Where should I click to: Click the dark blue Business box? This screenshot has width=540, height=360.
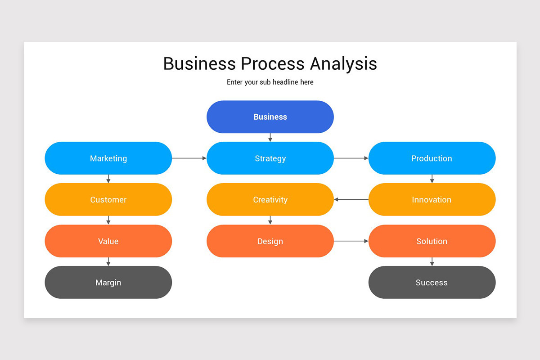(270, 117)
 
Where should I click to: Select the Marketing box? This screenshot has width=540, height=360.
(108, 158)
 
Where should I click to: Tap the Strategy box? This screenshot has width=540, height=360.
(270, 158)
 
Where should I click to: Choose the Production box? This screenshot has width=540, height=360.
(432, 158)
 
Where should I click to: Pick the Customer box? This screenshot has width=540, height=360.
(108, 200)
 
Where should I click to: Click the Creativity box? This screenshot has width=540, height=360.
(270, 200)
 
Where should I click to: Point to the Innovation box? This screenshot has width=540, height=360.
(432, 200)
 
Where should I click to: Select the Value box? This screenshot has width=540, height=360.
(108, 241)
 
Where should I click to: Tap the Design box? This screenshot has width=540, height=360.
(270, 241)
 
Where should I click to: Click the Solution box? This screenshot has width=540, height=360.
(432, 241)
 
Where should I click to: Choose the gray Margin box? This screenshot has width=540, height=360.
(108, 283)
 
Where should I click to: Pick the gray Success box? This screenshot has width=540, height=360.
(432, 283)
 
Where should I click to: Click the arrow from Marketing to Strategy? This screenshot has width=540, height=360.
(189, 158)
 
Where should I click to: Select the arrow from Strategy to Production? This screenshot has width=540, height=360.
(351, 158)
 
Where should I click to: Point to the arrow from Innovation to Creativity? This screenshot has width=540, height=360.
(351, 199)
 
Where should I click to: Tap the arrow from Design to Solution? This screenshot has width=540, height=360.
(351, 241)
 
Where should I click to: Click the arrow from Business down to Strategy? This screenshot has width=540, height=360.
(270, 137)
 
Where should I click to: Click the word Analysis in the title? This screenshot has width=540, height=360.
(343, 64)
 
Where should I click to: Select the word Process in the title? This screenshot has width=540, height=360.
(273, 63)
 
